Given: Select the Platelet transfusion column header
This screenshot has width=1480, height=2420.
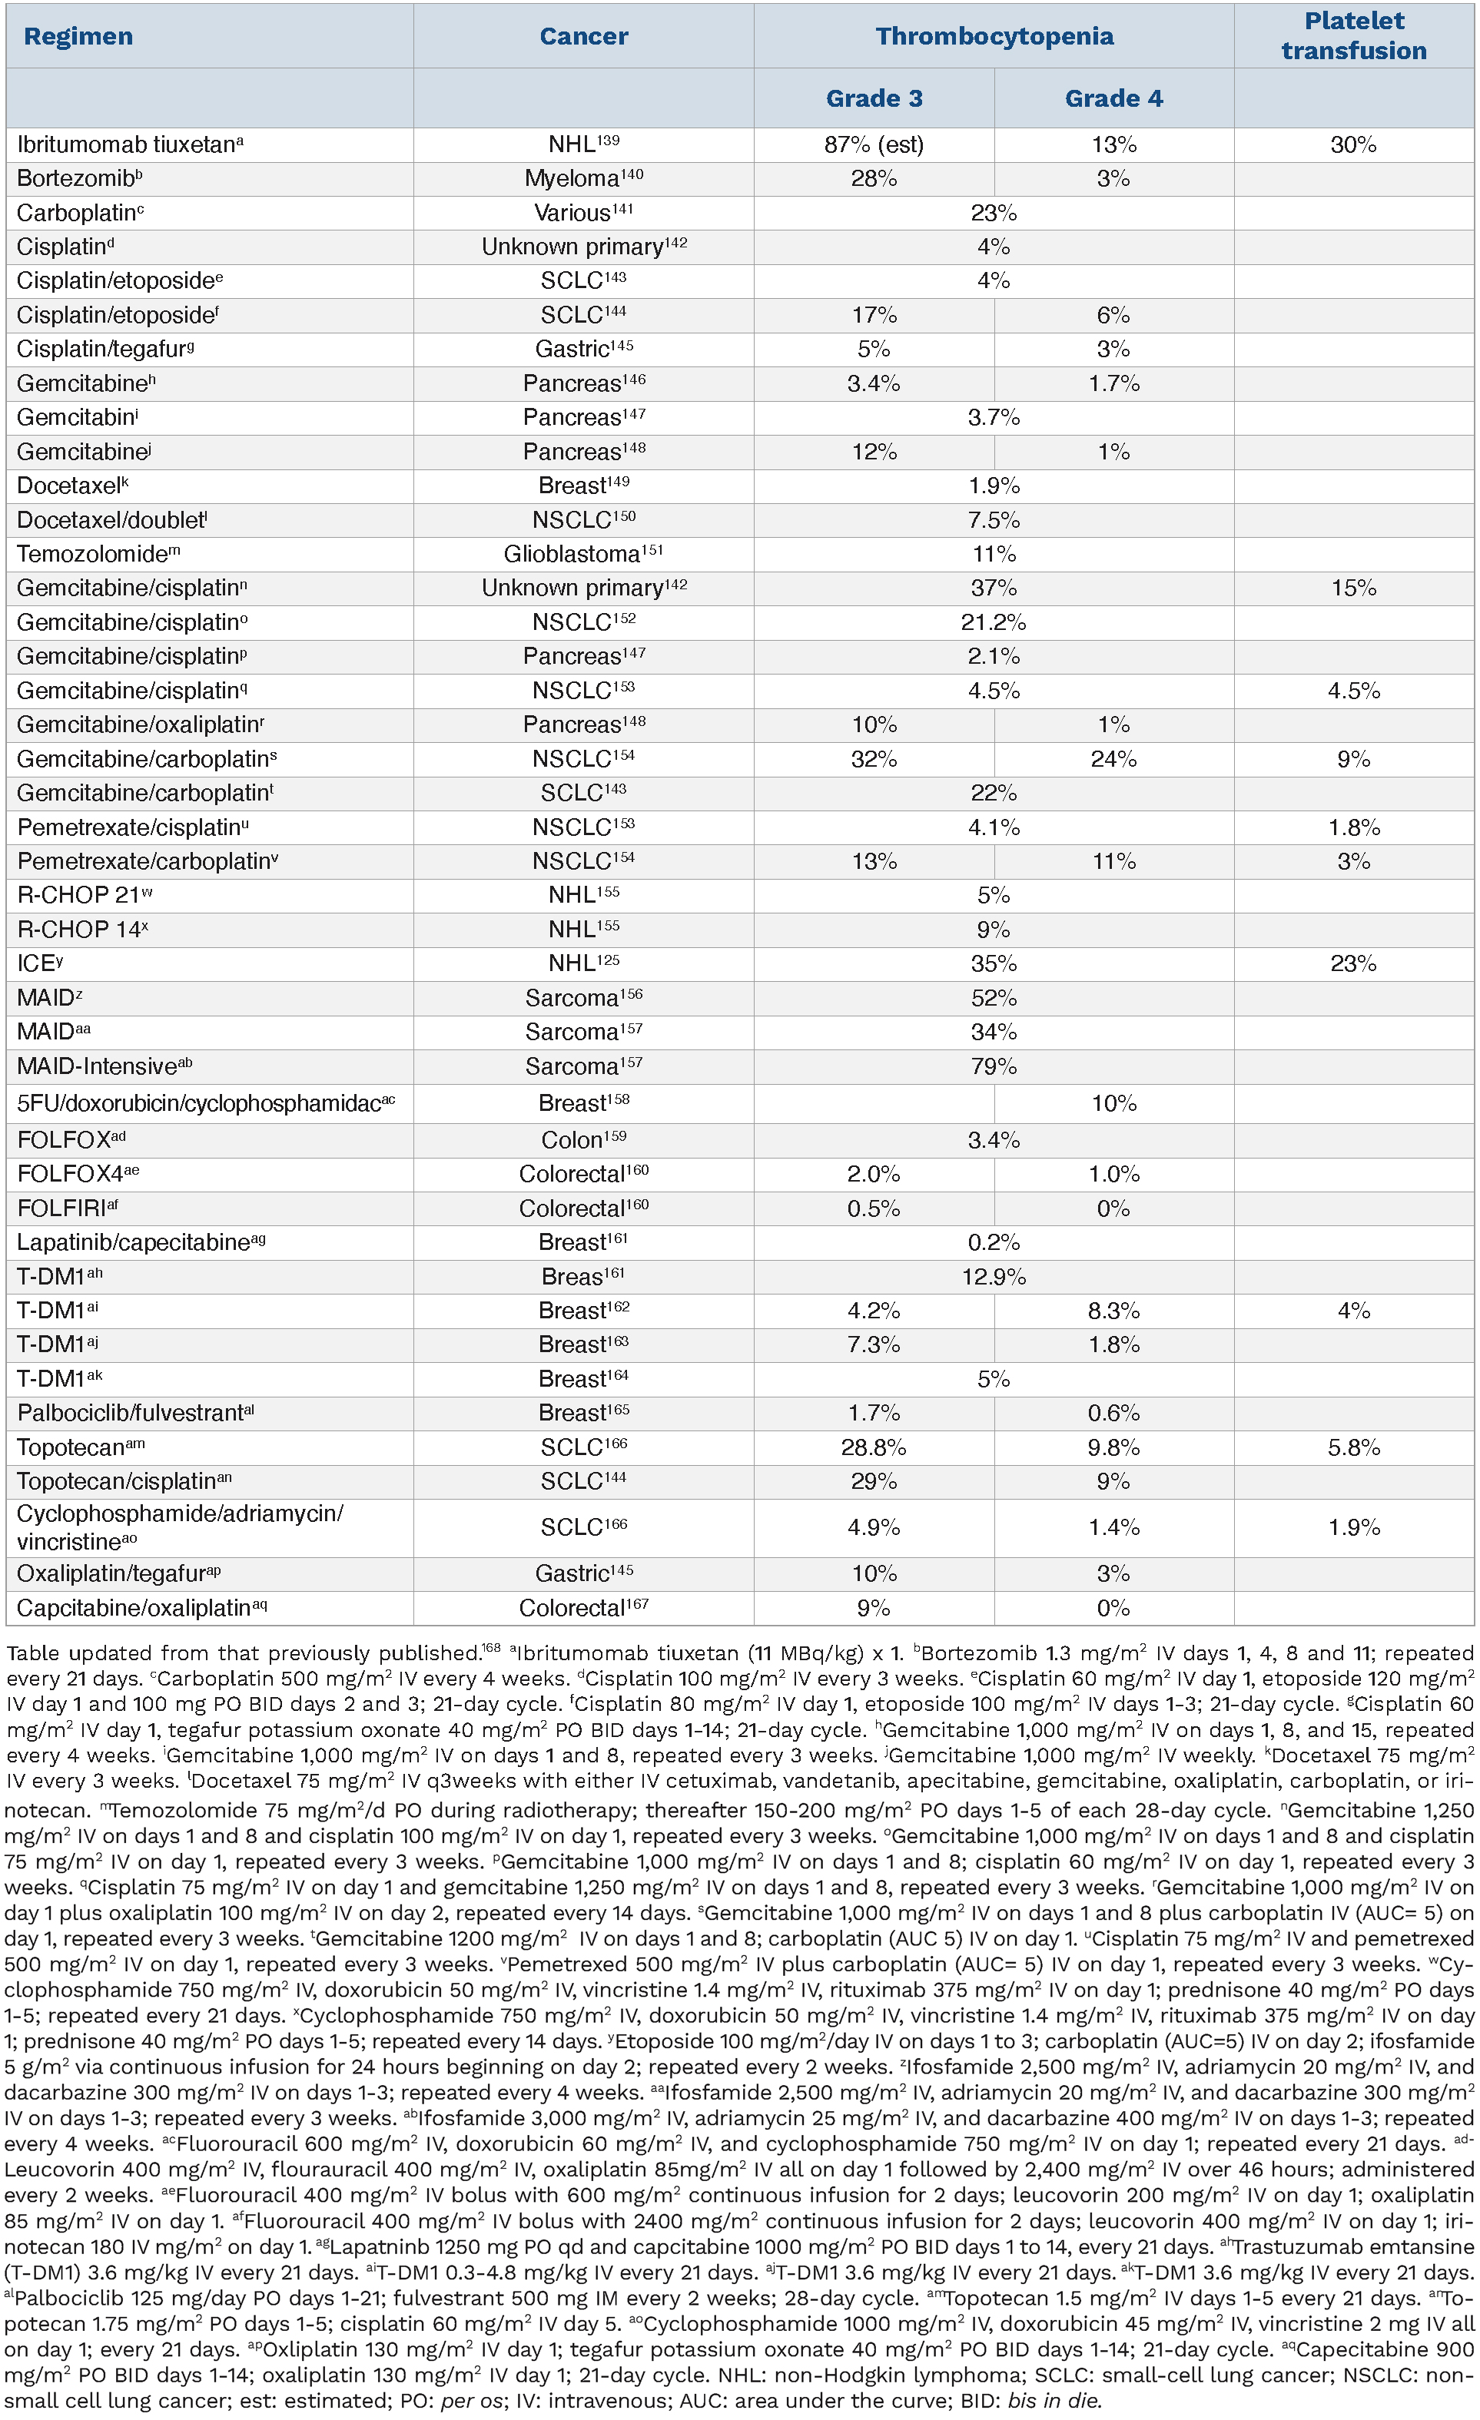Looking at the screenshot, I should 1353,36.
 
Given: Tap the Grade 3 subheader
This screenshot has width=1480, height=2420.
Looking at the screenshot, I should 874,98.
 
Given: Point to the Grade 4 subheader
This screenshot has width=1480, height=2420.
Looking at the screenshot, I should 1113,98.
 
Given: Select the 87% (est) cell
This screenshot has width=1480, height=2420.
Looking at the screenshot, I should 874,145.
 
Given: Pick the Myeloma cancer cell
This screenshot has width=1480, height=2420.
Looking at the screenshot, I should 583,179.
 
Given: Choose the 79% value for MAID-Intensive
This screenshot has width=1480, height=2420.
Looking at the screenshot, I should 994,1066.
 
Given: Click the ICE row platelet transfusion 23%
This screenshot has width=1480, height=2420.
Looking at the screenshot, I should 1353,964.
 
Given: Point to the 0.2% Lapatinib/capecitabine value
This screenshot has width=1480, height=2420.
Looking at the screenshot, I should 994,1243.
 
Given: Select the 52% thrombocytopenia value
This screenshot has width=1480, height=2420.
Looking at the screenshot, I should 994,999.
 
